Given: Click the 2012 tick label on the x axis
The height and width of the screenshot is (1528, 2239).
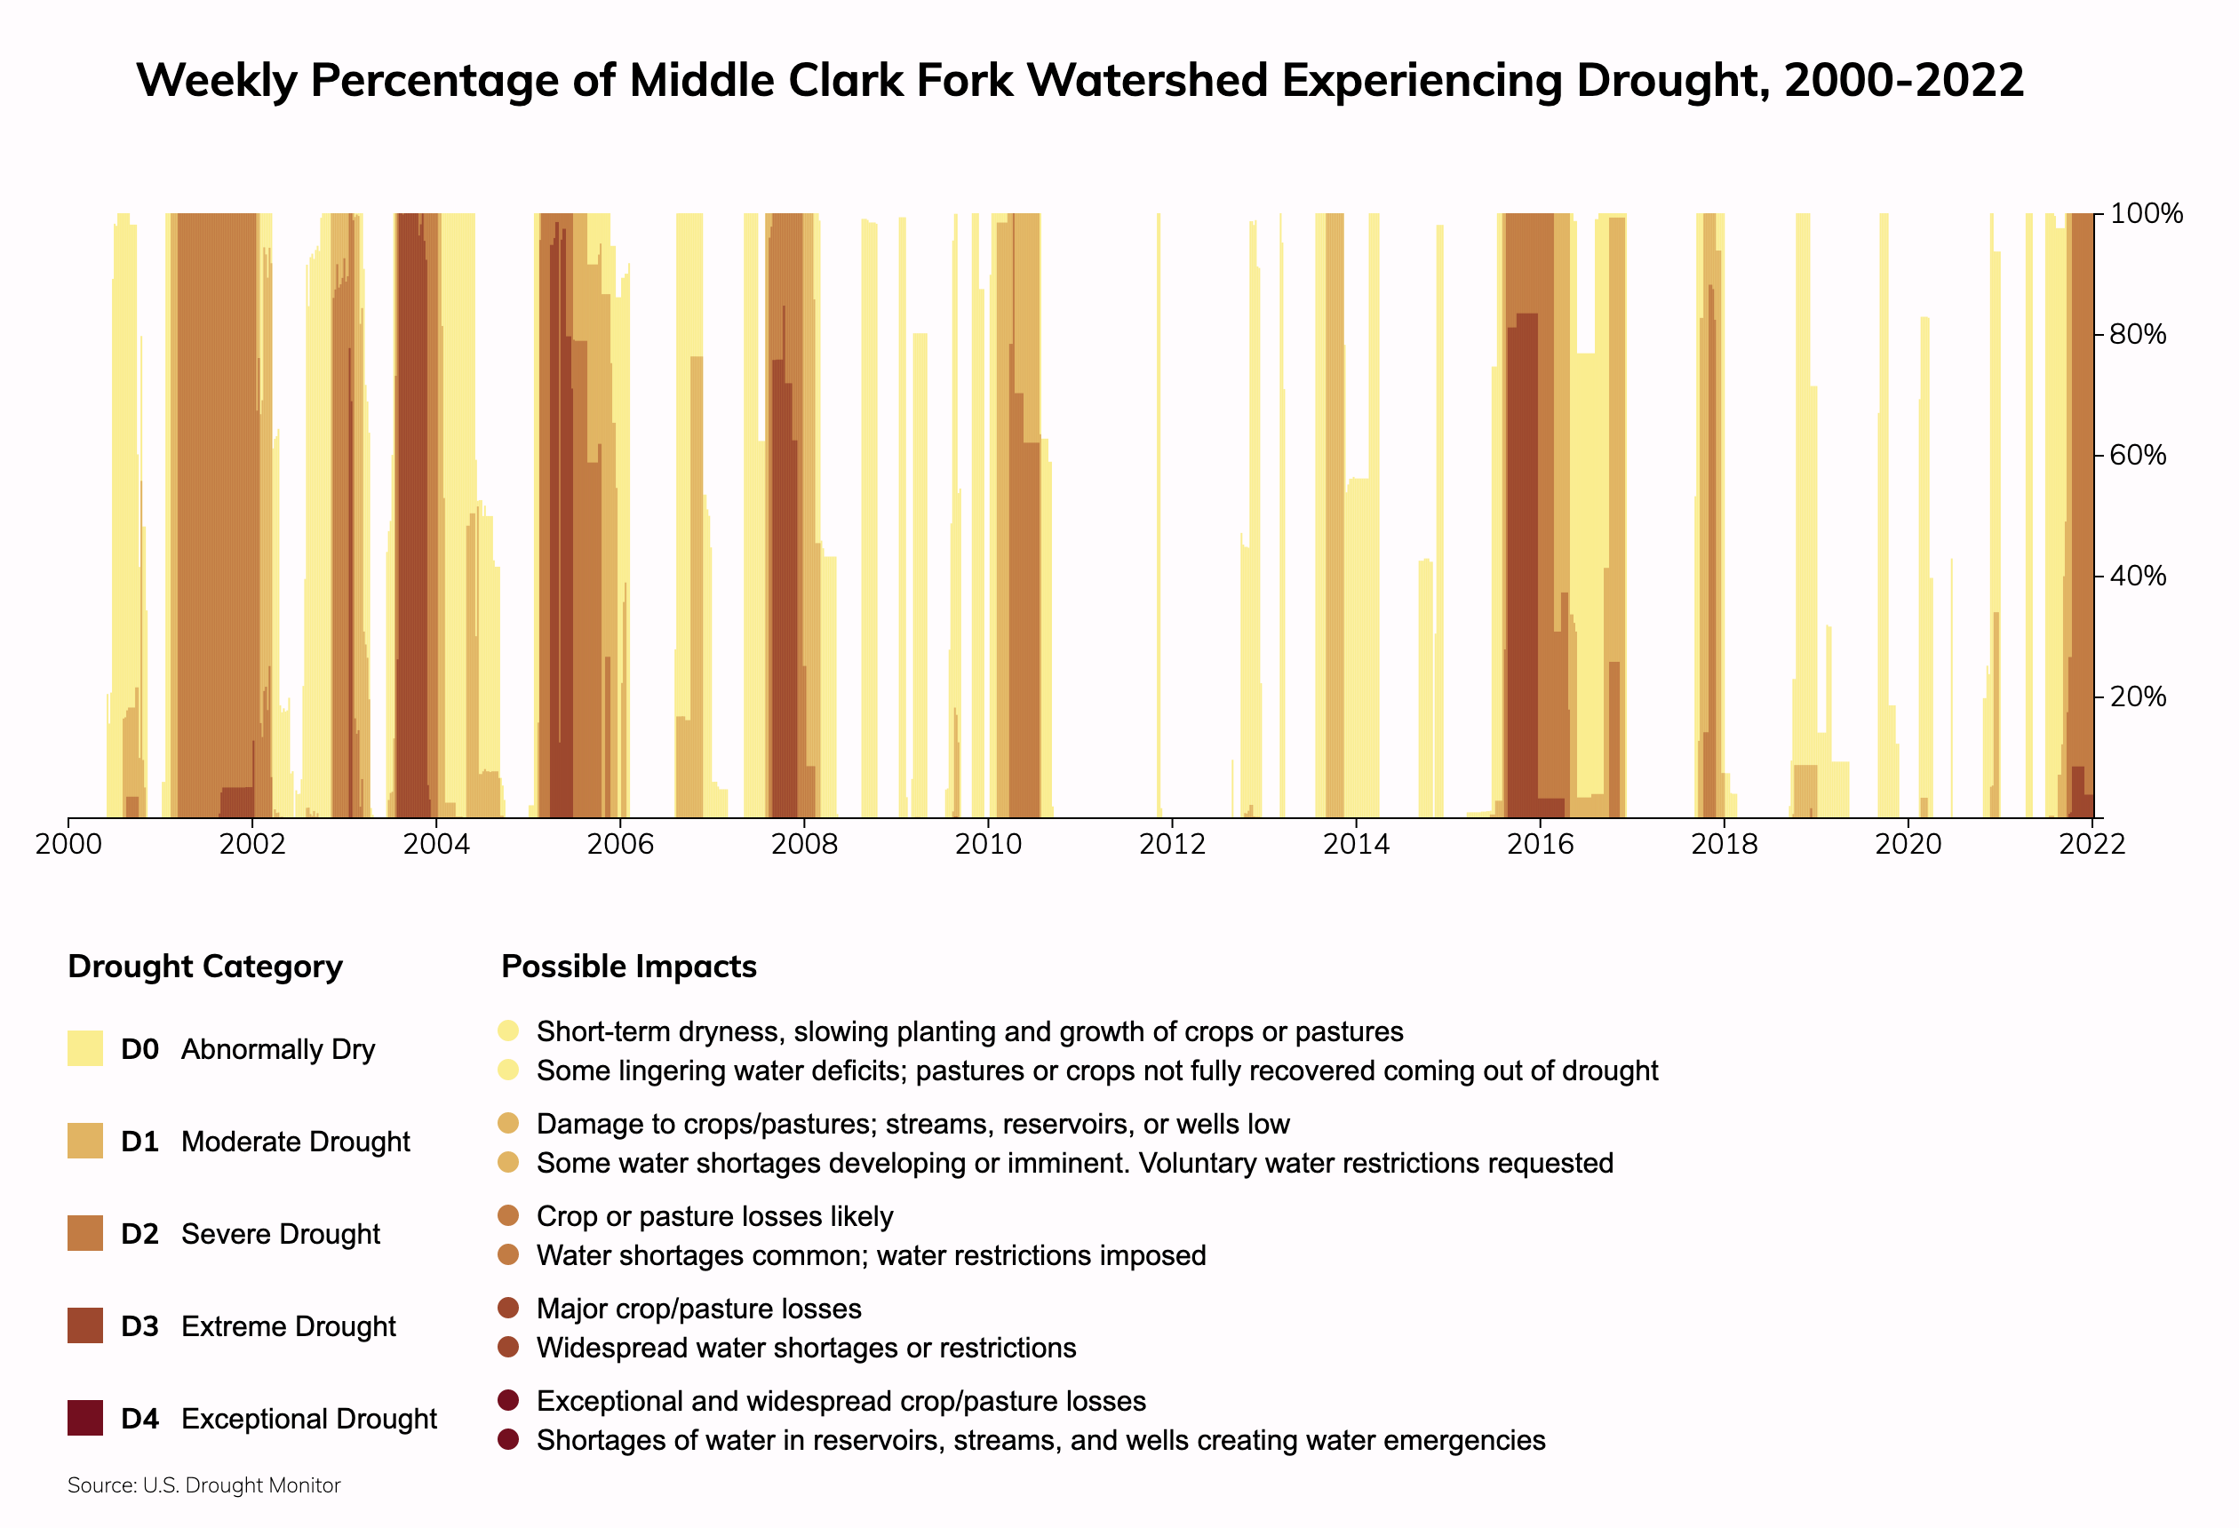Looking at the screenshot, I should click(x=1172, y=845).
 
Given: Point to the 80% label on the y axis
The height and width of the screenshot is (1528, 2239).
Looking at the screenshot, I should click(x=2137, y=334).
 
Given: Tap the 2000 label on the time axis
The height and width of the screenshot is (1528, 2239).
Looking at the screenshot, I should click(x=68, y=845).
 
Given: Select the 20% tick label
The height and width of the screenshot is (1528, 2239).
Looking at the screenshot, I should click(x=2137, y=696).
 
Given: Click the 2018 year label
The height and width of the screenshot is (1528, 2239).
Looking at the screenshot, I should click(x=1724, y=845).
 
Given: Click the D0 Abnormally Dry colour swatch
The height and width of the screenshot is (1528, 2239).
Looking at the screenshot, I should click(x=84, y=1048).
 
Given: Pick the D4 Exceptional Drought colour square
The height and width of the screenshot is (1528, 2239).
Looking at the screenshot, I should click(x=84, y=1418).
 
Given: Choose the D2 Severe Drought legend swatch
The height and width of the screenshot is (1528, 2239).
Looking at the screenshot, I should click(x=84, y=1233).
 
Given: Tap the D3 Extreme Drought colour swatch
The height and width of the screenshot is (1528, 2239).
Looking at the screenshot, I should click(x=84, y=1325).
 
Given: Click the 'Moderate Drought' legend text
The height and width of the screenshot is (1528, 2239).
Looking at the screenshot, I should click(x=295, y=1142).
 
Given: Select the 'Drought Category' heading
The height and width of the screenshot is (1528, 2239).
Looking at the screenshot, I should click(x=205, y=967).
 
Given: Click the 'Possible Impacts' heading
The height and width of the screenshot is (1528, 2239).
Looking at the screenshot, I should click(x=629, y=967).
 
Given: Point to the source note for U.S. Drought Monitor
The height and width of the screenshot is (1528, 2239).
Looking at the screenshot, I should click(x=204, y=1485).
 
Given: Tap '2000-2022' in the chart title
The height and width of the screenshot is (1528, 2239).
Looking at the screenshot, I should click(x=1904, y=80).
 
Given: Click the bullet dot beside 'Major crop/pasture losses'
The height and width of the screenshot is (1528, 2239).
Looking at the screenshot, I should click(x=509, y=1309).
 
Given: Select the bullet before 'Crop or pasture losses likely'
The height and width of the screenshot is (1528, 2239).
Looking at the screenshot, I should click(x=509, y=1216).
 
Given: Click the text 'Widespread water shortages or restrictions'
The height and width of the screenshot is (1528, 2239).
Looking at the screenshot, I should click(x=807, y=1348).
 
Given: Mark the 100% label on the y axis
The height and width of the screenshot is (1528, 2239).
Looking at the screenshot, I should click(x=2146, y=214).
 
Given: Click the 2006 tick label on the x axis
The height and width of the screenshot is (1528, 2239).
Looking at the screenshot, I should click(x=619, y=845).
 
